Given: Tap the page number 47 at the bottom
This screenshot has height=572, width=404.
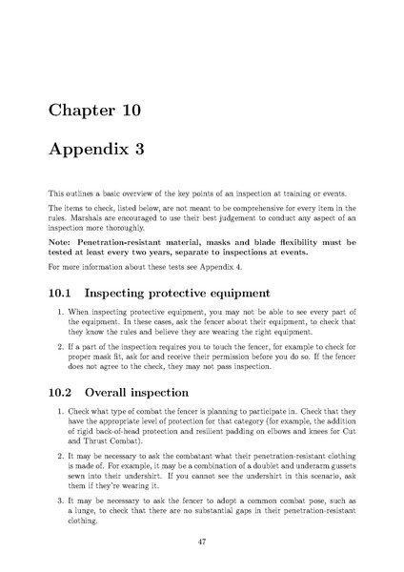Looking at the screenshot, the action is point(202,540).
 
